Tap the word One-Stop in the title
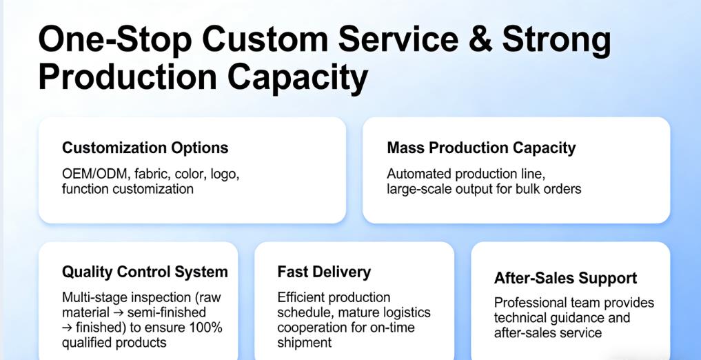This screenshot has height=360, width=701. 115,39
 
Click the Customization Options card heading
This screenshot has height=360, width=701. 145,148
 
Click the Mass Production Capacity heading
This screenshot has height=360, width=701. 481,148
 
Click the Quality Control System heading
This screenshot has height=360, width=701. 145,272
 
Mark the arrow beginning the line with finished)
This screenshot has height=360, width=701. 67,328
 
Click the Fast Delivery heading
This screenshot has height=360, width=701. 324,272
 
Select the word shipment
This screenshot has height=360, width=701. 305,343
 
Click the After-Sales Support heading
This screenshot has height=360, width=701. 565,278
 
